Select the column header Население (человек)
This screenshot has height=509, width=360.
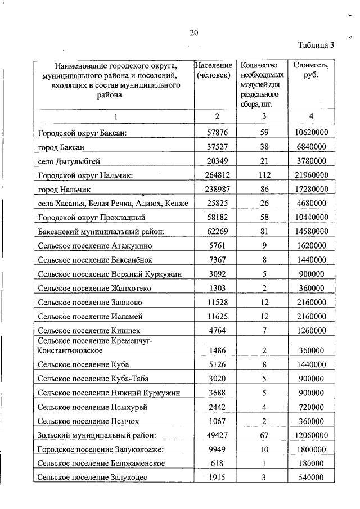tap(214, 71)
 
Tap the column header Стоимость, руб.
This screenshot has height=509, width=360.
tap(311, 71)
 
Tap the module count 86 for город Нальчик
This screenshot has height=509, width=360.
tap(261, 189)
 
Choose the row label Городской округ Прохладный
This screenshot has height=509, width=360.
tap(92, 217)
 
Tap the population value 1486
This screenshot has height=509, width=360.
tap(217, 350)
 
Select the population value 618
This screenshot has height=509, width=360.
tap(217, 463)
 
